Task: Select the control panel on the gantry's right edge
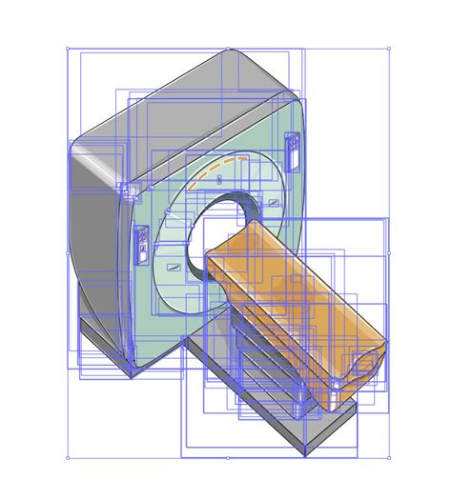click(x=292, y=151)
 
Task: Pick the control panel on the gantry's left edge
click(x=142, y=243)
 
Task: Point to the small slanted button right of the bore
click(x=274, y=202)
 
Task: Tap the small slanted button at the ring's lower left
click(x=175, y=270)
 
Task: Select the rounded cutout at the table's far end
click(x=363, y=363)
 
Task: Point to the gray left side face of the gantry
click(x=95, y=238)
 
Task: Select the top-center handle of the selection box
click(x=228, y=49)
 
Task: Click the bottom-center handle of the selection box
click(x=228, y=457)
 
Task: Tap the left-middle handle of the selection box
click(x=68, y=253)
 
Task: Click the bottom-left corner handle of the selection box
click(x=68, y=457)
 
